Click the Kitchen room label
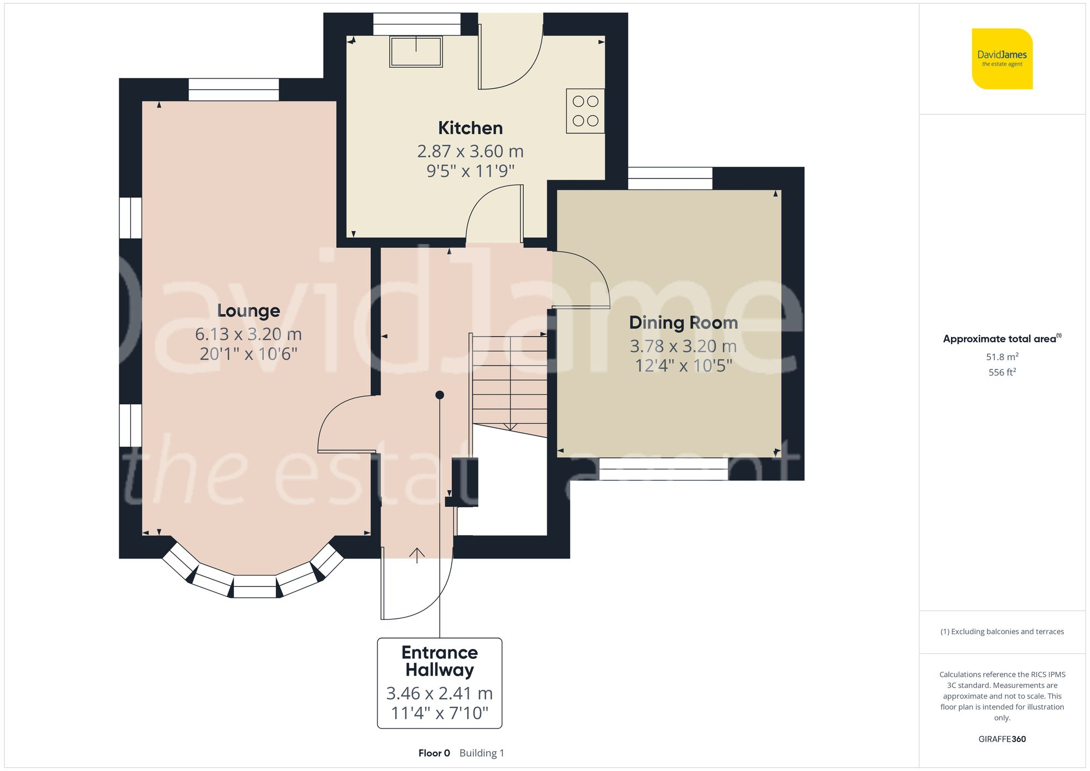point(470,128)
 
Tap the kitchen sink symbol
point(416,51)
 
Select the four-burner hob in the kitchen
point(585,111)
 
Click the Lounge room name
point(249,311)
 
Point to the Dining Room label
point(683,323)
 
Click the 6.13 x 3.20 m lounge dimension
point(249,334)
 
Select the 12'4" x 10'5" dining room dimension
point(683,366)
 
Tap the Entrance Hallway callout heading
point(439,661)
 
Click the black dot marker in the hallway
point(440,395)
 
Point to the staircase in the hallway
point(510,381)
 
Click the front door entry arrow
point(417,555)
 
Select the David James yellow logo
point(1002,59)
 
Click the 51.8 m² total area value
point(1002,357)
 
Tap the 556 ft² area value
point(1002,372)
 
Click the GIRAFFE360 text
point(1002,739)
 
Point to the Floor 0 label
point(434,753)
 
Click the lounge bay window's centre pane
point(255,592)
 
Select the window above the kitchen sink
point(417,25)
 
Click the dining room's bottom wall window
point(663,469)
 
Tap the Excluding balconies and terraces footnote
point(1002,632)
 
